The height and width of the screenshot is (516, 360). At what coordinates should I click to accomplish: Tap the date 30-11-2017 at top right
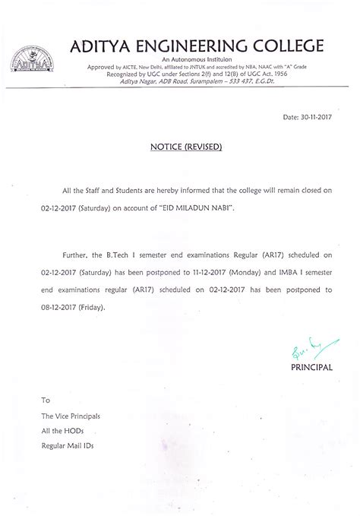[311, 119]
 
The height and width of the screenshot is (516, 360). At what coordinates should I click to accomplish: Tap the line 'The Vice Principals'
[71, 416]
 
